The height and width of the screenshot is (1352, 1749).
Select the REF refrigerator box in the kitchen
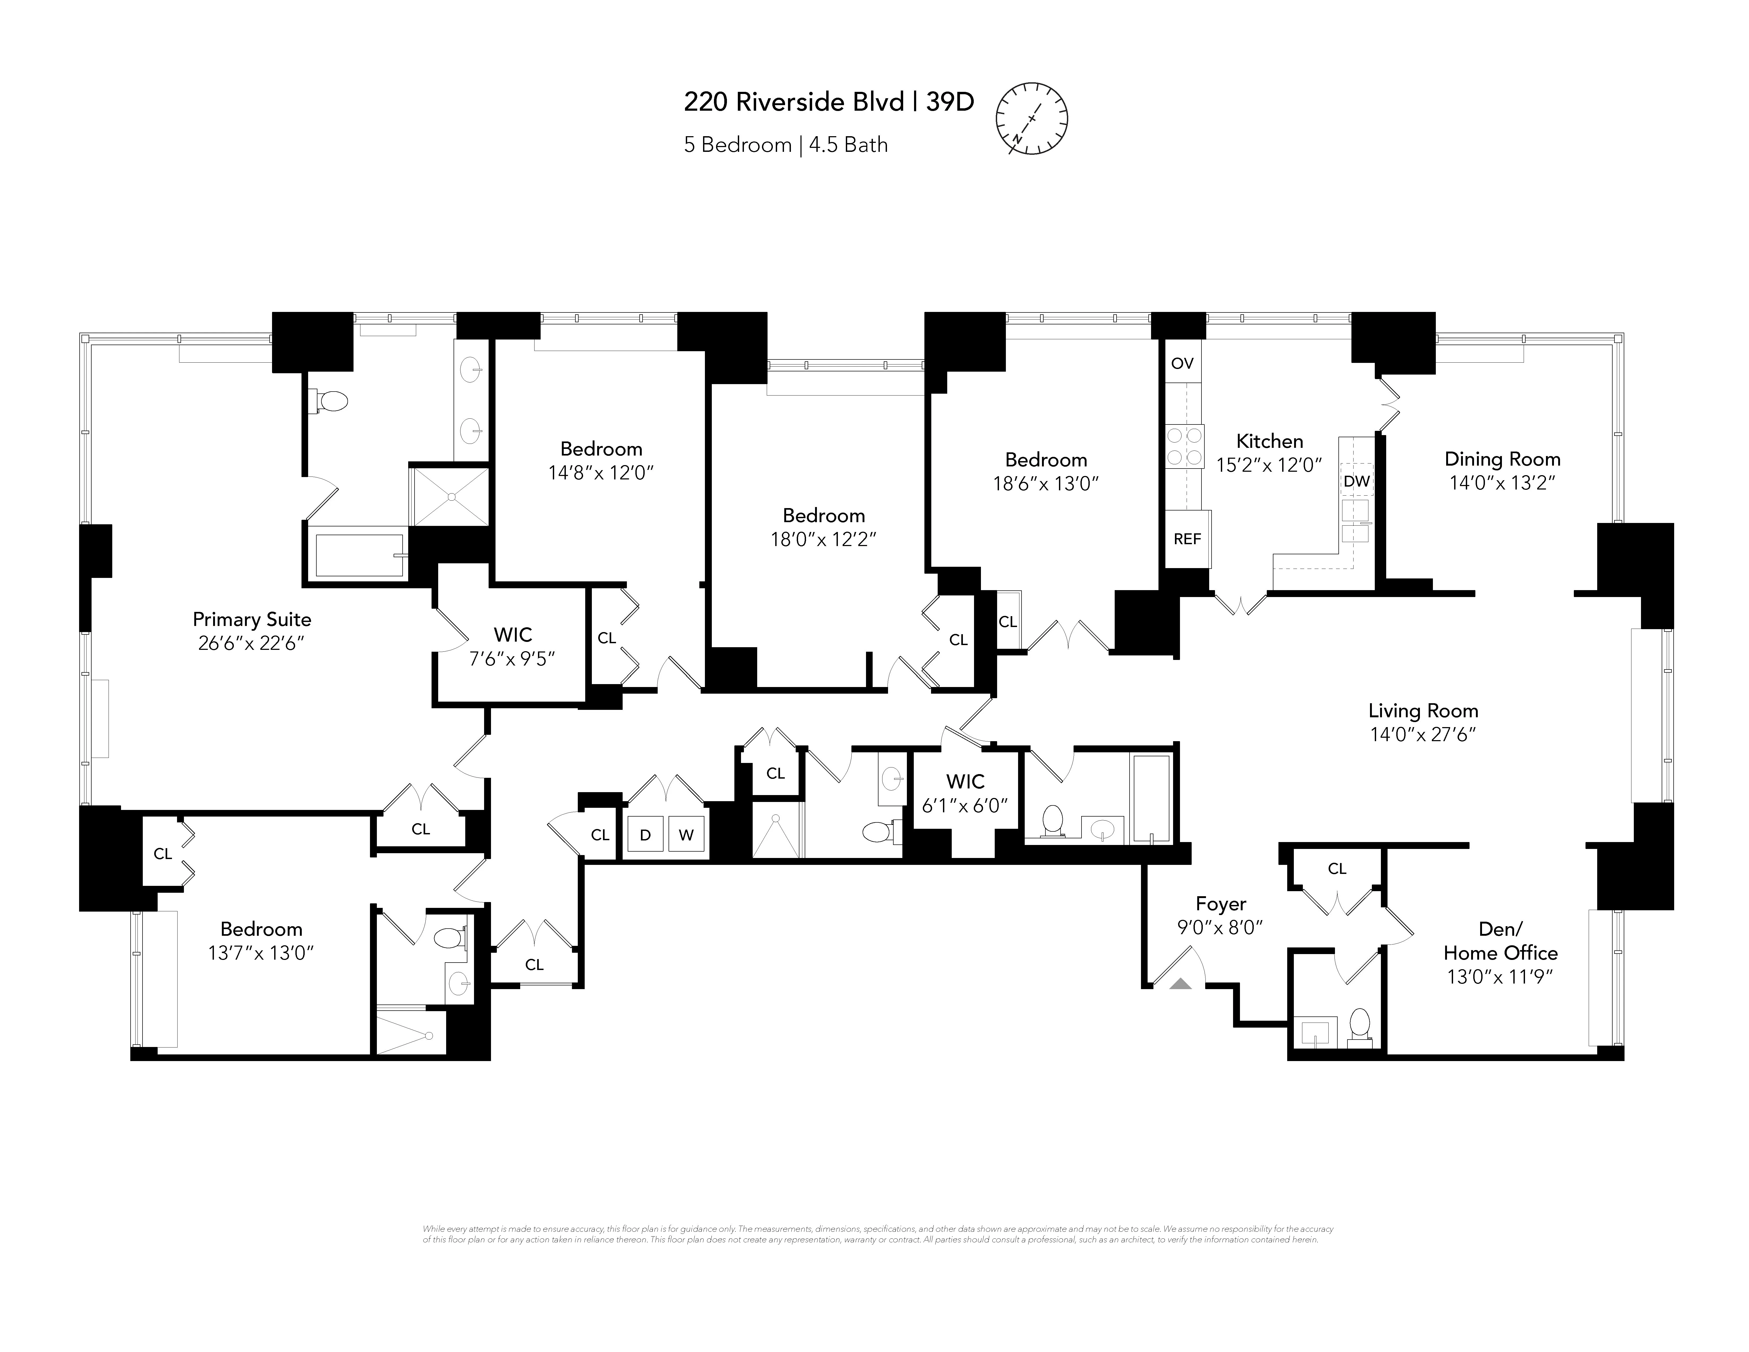tap(1187, 539)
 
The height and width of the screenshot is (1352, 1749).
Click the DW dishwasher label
tap(1356, 481)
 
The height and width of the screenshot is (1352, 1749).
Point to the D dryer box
tap(645, 835)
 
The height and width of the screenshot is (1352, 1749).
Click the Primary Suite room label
tap(251, 619)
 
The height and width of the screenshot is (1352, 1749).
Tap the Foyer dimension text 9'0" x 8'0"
tap(1220, 928)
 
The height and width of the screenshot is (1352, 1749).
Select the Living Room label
tap(1422, 710)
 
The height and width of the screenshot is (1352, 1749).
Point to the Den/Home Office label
tap(1500, 941)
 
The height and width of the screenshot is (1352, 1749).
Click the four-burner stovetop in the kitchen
tap(1184, 446)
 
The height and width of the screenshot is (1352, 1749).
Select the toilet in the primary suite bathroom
tap(330, 401)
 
